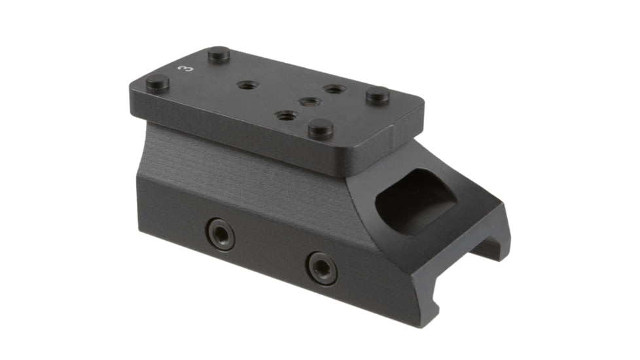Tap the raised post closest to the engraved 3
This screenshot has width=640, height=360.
[x=219, y=54]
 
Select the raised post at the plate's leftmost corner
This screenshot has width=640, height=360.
[x=157, y=83]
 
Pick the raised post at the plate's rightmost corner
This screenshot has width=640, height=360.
[x=378, y=95]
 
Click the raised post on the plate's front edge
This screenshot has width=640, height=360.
[x=321, y=128]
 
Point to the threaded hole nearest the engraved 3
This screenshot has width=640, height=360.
[x=247, y=85]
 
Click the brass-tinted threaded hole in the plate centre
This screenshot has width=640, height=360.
[x=309, y=102]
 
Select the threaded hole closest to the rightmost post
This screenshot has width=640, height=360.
[x=334, y=89]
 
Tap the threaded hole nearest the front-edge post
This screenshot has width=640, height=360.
[x=287, y=116]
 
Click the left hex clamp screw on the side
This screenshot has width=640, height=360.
[x=220, y=233]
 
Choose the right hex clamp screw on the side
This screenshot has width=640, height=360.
[x=323, y=266]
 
